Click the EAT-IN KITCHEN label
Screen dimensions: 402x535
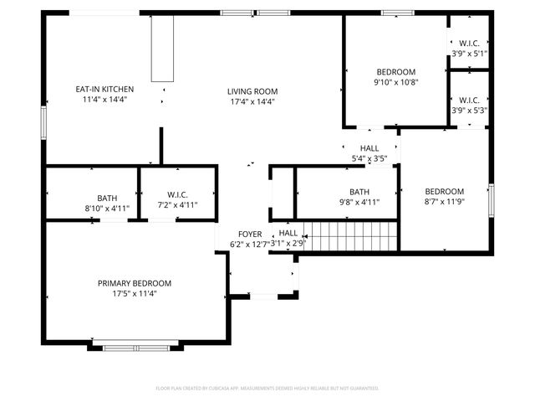[x=104, y=89]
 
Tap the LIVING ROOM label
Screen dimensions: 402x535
[x=252, y=91]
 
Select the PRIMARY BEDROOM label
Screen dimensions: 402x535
[x=134, y=283]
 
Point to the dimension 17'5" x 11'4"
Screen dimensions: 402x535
[x=134, y=294]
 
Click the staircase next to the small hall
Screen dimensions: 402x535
[x=347, y=236]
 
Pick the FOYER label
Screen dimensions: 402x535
[x=250, y=234]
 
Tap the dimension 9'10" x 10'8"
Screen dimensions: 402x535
[x=395, y=82]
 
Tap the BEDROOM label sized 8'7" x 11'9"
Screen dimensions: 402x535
[x=444, y=191]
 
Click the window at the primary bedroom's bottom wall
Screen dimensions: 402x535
[x=135, y=347]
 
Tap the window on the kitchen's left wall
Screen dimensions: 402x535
[x=43, y=120]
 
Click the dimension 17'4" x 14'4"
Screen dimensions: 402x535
[x=252, y=101]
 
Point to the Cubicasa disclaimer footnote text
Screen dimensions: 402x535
[x=267, y=389]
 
